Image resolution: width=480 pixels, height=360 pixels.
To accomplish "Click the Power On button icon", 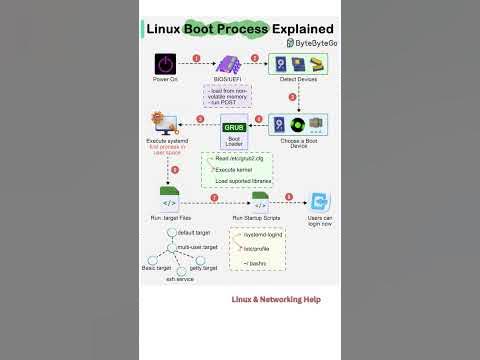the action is tap(165, 63).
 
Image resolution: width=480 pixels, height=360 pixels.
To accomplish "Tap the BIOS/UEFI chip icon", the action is tap(224, 63).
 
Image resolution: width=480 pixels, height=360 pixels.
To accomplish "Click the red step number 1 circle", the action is tap(196, 58).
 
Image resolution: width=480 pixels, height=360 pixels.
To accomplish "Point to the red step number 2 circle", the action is tap(254, 58).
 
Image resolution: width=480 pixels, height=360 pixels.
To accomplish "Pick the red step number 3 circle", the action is tap(292, 97).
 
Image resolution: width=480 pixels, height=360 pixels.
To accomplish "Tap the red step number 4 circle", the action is tap(259, 120).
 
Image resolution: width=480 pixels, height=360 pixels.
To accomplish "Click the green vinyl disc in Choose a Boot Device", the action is tap(297, 125).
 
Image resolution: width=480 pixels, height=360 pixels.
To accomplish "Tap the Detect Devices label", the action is tap(298, 79).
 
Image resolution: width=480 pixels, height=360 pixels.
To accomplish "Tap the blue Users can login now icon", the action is tap(319, 202).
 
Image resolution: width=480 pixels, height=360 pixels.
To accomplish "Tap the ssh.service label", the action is tap(180, 279).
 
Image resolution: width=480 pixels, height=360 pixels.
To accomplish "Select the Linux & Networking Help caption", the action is tap(276, 298).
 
